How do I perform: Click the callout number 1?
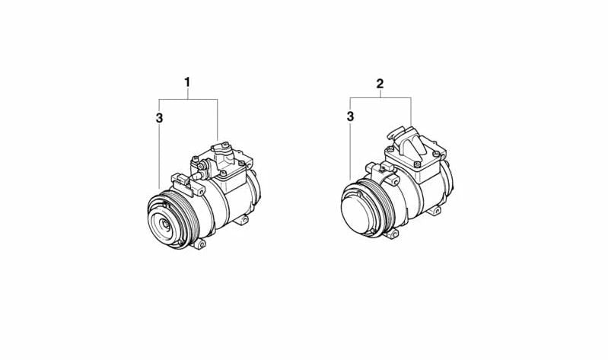click(187, 82)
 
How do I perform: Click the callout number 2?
click(380, 84)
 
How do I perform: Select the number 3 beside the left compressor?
click(159, 118)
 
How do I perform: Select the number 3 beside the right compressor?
click(351, 116)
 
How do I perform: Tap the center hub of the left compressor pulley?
click(166, 224)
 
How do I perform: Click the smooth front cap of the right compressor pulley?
click(357, 210)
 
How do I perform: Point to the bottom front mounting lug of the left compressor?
click(199, 244)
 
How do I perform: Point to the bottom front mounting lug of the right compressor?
click(393, 234)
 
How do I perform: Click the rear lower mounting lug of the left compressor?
click(242, 220)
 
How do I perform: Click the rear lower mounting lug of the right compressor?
click(435, 211)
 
